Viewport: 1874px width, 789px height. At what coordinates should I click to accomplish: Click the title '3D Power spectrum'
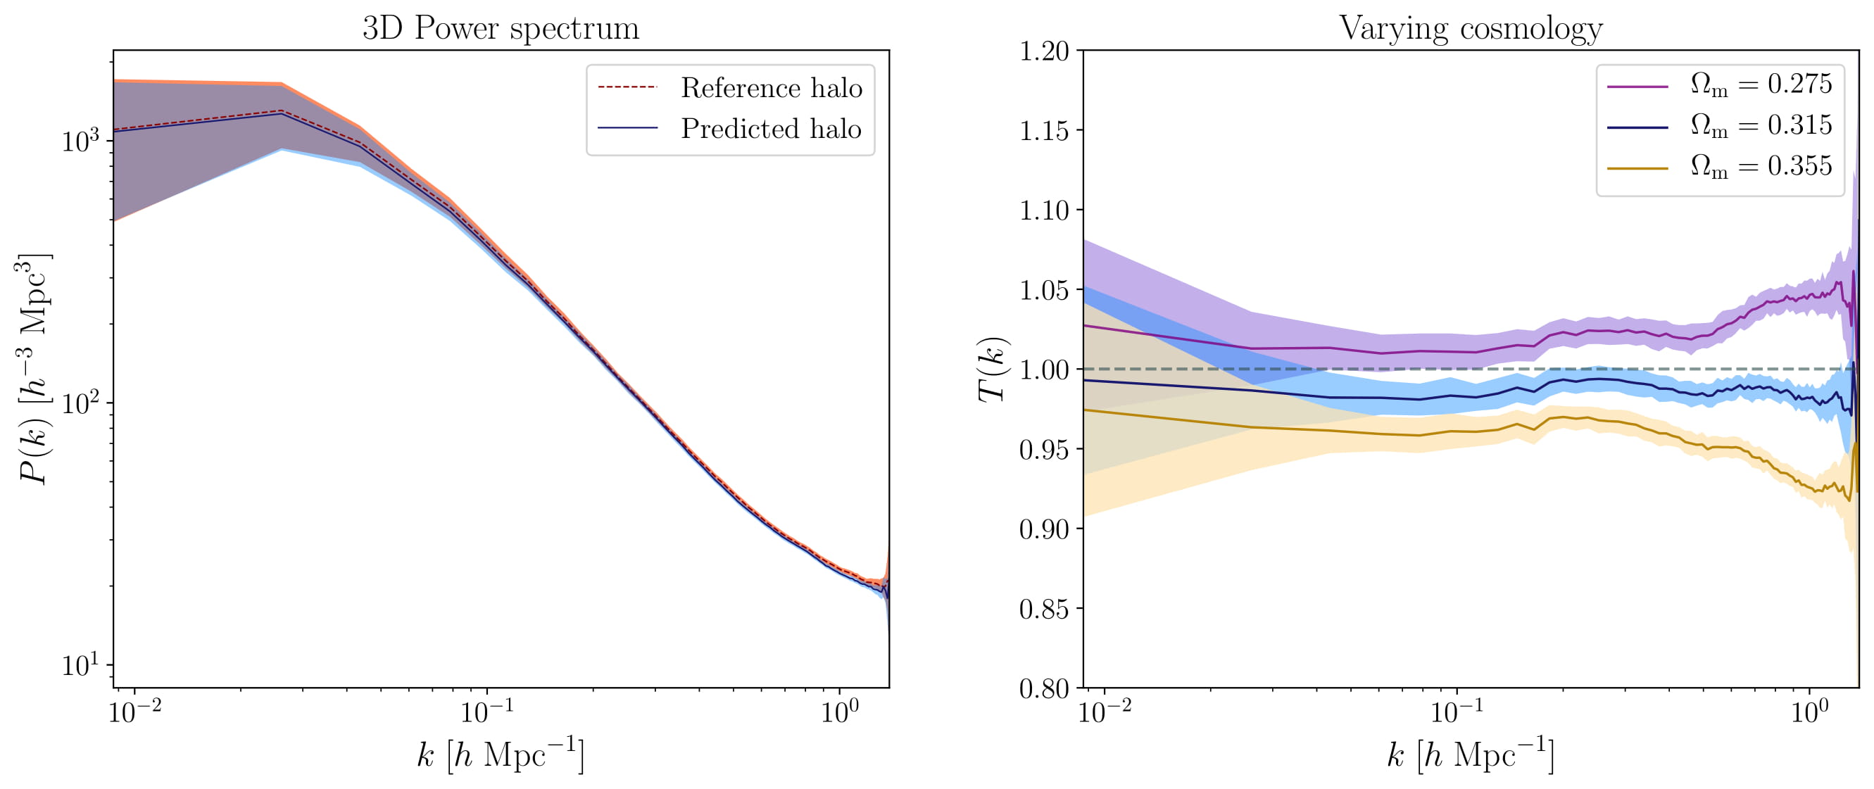[501, 29]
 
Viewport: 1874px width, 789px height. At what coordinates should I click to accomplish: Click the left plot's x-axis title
[501, 754]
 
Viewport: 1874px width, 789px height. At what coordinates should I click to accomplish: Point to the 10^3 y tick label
[84, 140]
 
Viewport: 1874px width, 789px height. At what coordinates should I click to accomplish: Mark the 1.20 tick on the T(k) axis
[1044, 51]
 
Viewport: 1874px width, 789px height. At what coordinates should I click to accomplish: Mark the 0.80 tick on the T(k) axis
[1044, 688]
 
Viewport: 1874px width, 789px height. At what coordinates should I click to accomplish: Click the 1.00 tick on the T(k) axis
[1044, 370]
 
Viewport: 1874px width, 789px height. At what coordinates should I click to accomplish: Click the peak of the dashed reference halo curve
[282, 111]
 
